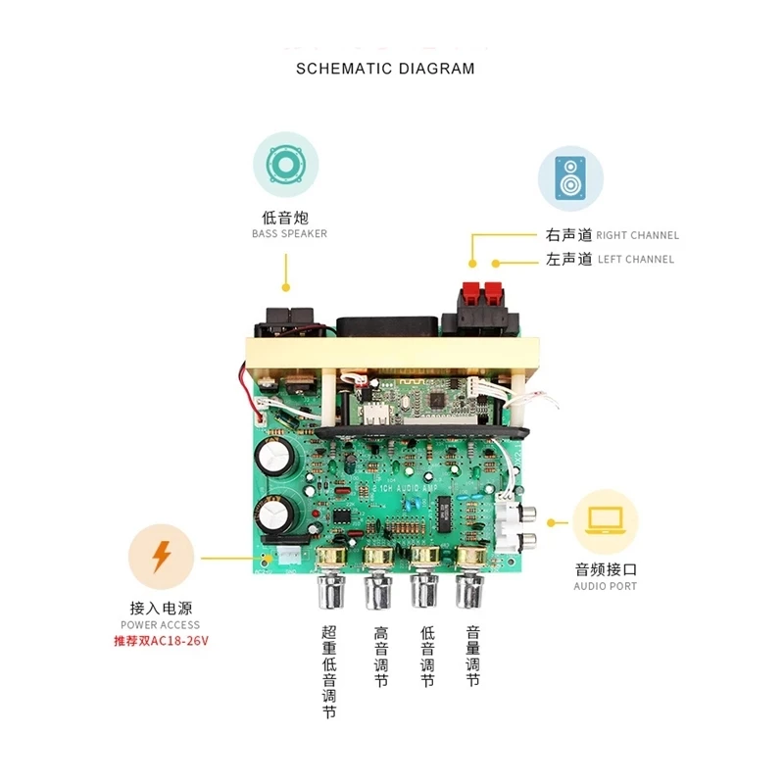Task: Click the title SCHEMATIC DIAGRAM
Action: coord(385,69)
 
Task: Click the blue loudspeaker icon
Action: coord(570,179)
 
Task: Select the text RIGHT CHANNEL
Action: coord(637,235)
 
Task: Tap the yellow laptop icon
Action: coord(604,521)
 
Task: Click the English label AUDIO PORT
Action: coord(605,586)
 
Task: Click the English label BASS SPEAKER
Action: coord(289,234)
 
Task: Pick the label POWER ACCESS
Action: coord(160,624)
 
